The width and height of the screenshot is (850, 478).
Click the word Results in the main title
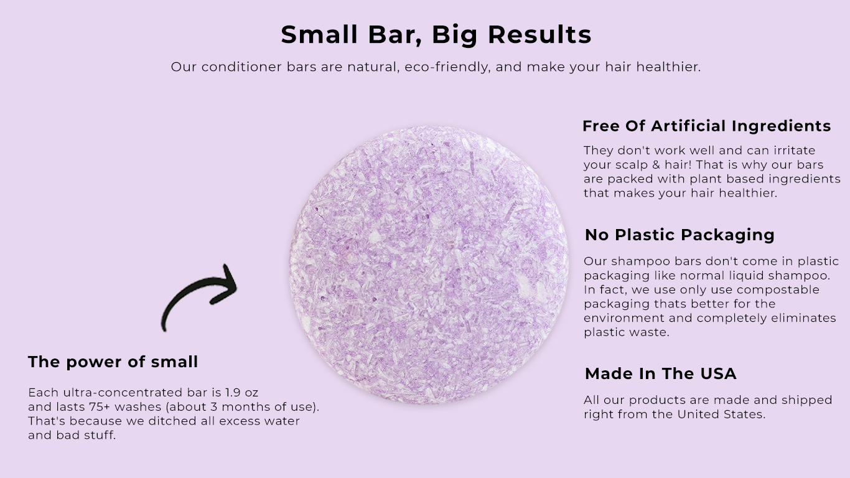point(539,35)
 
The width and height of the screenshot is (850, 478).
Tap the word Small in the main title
point(319,35)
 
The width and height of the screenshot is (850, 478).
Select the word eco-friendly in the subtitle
point(447,67)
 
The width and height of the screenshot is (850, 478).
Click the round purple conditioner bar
point(429,265)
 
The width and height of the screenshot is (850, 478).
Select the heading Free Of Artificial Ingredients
point(706,126)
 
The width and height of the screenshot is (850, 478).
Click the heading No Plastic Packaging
point(680,235)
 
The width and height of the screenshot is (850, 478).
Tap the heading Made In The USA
point(660,373)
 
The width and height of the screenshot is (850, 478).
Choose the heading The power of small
point(113,362)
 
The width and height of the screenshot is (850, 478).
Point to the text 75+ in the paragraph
point(100,406)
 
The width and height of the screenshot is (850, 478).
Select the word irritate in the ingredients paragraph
point(794,151)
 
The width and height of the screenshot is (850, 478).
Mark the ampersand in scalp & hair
point(656,165)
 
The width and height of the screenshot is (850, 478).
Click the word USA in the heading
point(718,373)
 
